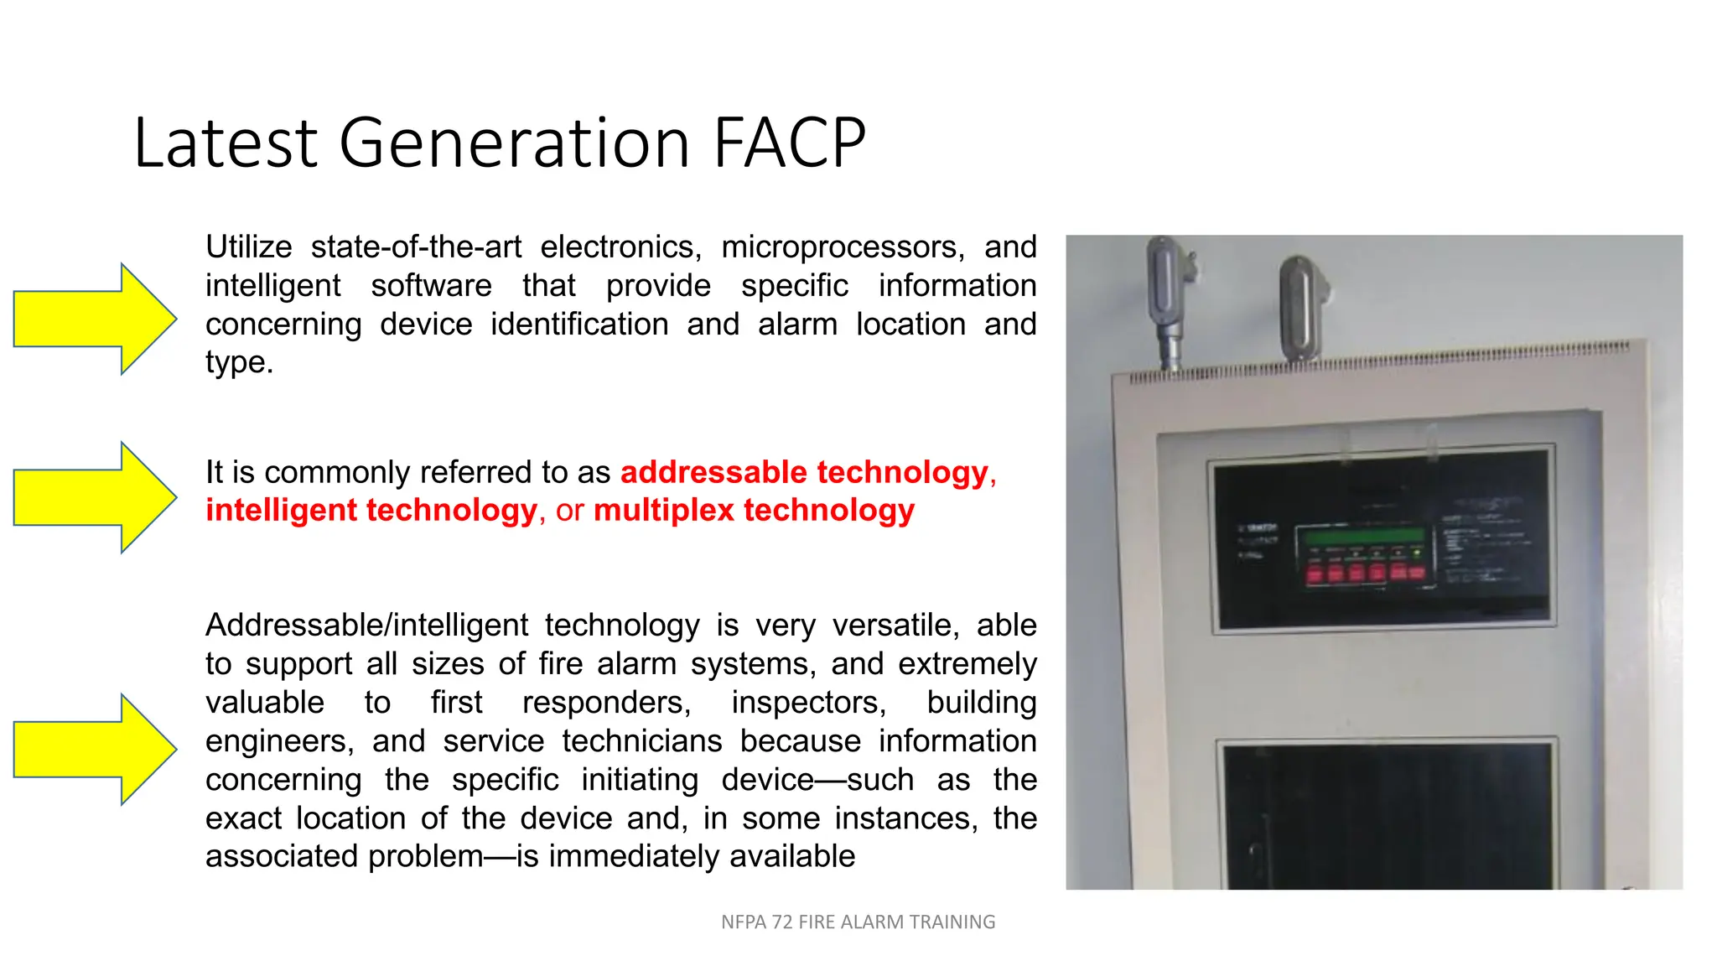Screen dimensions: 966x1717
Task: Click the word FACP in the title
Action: pyautogui.click(x=789, y=143)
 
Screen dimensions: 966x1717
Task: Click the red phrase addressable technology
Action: pyautogui.click(x=804, y=472)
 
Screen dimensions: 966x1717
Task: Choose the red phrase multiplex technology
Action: pyautogui.click(x=754, y=511)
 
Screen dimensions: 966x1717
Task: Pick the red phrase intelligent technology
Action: pyautogui.click(x=371, y=511)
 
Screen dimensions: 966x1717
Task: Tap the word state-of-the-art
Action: pyautogui.click(x=416, y=247)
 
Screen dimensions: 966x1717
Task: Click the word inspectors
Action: pyautogui.click(x=808, y=703)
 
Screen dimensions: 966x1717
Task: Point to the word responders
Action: pyautogui.click(x=606, y=703)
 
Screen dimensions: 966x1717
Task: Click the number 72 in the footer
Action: pyautogui.click(x=782, y=922)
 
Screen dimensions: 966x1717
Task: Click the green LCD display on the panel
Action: pyautogui.click(x=1360, y=535)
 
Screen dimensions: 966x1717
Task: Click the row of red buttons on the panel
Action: pyautogui.click(x=1363, y=572)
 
